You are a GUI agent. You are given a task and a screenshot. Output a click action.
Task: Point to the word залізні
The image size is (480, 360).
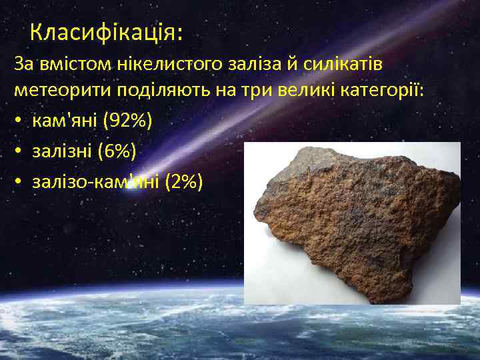click(61, 152)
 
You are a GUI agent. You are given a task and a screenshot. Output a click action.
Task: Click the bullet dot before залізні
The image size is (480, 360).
click(20, 153)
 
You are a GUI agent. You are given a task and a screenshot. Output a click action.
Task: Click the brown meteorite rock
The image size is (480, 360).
click(353, 220)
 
